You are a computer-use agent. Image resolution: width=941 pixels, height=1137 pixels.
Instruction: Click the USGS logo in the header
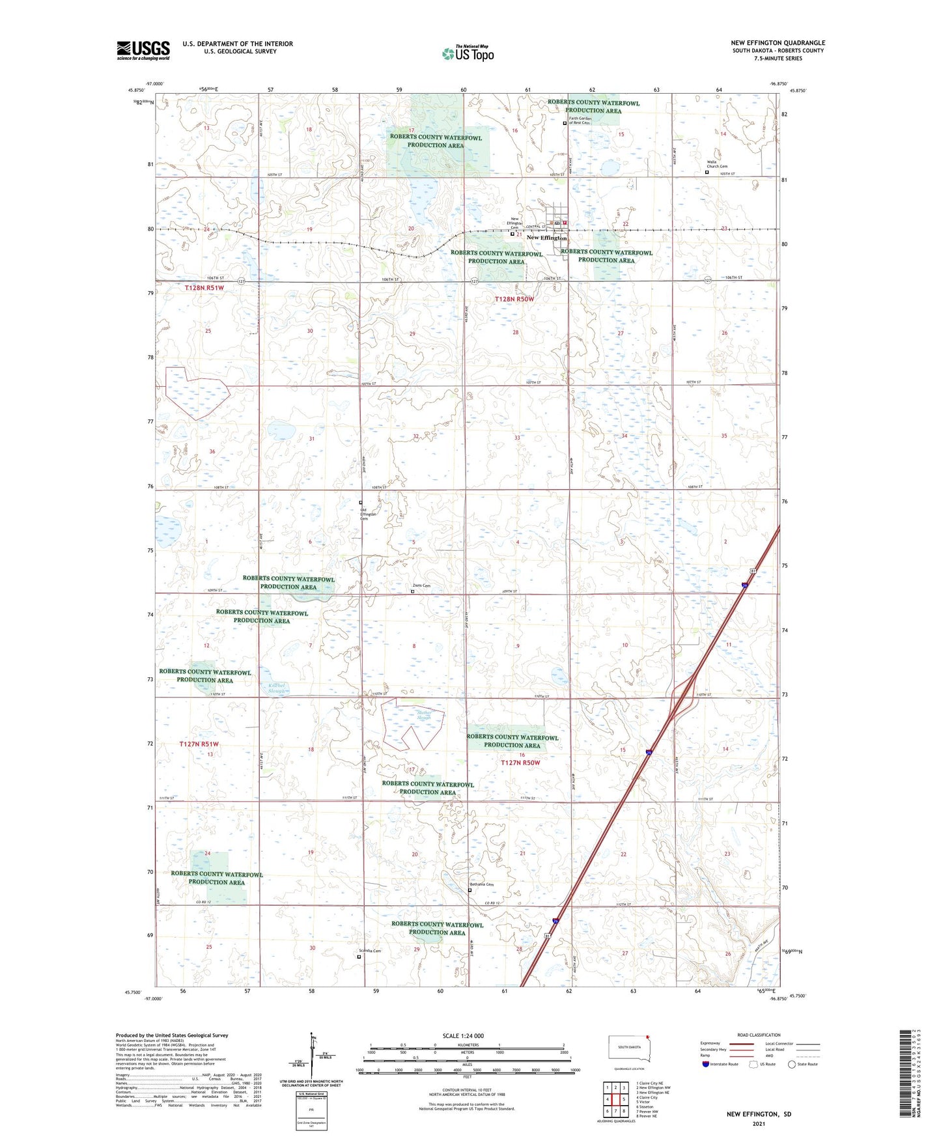pyautogui.click(x=143, y=50)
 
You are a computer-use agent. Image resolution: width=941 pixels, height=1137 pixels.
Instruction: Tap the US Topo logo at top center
pyautogui.click(x=468, y=53)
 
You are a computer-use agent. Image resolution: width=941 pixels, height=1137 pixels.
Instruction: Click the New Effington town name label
pyautogui.click(x=546, y=238)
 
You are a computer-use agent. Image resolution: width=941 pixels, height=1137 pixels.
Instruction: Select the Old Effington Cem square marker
pyautogui.click(x=361, y=502)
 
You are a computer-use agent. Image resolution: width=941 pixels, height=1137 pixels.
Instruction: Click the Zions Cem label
pyautogui.click(x=422, y=585)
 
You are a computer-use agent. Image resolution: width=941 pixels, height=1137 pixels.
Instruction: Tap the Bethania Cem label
pyautogui.click(x=482, y=884)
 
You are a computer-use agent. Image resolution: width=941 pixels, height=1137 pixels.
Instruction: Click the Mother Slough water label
pyautogui.click(x=424, y=715)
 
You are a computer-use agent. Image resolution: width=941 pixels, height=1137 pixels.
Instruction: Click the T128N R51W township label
pyautogui.click(x=204, y=287)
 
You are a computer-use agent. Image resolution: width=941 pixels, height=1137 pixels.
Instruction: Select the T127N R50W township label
pyautogui.click(x=520, y=763)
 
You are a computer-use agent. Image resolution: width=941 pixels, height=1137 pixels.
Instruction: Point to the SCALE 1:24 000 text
pyautogui.click(x=463, y=1035)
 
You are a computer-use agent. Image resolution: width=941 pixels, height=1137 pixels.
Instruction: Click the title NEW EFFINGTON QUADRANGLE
pyautogui.click(x=778, y=43)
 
